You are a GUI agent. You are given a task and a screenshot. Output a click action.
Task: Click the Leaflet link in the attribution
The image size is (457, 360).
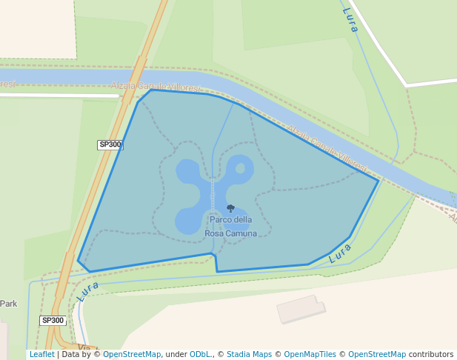[x=41, y=354]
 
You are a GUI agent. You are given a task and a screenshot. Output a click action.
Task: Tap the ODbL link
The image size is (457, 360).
[x=199, y=354]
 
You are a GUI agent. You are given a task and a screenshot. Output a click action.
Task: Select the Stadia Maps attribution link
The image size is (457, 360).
[x=249, y=354]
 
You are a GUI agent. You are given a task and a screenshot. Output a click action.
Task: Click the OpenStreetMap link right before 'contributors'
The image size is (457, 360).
[x=377, y=354]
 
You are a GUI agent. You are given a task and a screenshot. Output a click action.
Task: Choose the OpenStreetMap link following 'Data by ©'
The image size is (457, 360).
[x=132, y=354]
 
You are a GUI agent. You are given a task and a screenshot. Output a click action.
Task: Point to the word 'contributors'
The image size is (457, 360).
[x=431, y=354]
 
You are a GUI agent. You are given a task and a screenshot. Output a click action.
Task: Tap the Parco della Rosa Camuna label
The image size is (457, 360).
[x=230, y=227]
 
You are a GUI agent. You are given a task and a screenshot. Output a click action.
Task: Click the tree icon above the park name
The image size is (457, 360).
[x=230, y=209]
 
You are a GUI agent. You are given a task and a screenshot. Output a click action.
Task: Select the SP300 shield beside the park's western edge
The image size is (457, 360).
[x=110, y=145]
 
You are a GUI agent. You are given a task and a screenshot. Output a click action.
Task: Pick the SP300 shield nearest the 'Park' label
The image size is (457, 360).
[x=53, y=321]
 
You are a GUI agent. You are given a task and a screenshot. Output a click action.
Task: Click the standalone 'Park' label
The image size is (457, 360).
[x=8, y=304]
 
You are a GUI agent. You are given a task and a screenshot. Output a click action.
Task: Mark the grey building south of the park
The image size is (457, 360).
[x=301, y=309]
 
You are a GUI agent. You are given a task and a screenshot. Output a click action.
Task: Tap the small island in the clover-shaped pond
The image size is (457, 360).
[x=240, y=168]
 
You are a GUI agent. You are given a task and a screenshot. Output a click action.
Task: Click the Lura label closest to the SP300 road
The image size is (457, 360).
[x=87, y=290]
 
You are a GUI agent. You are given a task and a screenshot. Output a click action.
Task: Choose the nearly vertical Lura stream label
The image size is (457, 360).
[x=350, y=19]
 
